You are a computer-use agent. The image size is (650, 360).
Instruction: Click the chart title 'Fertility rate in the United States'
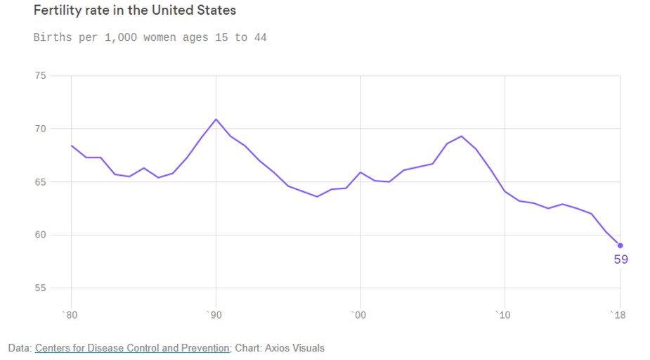pyautogui.click(x=135, y=11)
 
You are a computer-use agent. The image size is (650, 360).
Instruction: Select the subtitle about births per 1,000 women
pyautogui.click(x=150, y=37)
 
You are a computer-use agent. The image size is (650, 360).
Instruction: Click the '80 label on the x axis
pyautogui.click(x=70, y=315)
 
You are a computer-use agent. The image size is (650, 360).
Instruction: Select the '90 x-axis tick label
pyautogui.click(x=215, y=315)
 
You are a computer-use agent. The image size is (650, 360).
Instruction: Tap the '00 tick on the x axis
pyautogui.click(x=359, y=315)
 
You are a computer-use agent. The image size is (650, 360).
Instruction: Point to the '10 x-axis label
pyautogui.click(x=503, y=315)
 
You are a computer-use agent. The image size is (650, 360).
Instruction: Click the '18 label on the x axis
pyautogui.click(x=618, y=315)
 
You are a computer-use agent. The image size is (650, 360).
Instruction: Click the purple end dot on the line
pyautogui.click(x=620, y=245)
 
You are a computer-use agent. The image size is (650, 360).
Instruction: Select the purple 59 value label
pyautogui.click(x=620, y=259)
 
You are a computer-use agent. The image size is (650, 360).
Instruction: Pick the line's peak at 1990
pyautogui.click(x=216, y=119)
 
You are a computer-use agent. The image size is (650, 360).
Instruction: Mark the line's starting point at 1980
pyautogui.click(x=72, y=146)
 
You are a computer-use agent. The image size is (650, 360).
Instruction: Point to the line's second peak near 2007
pyautogui.click(x=461, y=136)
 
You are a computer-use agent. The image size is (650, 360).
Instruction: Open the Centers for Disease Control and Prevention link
pyautogui.click(x=132, y=348)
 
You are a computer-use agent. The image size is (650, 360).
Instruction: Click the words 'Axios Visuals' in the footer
pyautogui.click(x=296, y=348)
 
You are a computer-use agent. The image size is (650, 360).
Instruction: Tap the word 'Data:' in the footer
pyautogui.click(x=20, y=348)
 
